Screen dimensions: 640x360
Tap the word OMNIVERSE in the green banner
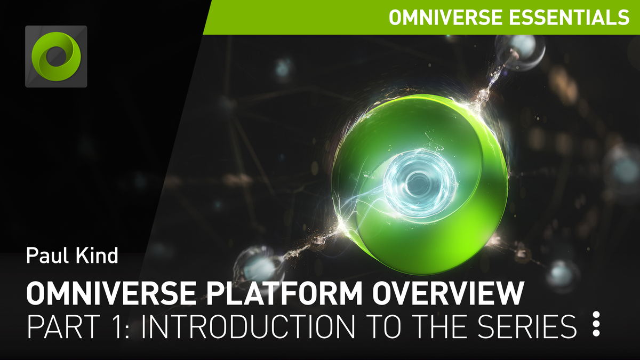pos(445,17)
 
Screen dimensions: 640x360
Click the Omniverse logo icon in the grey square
pos(56,57)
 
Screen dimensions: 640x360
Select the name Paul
pos(47,255)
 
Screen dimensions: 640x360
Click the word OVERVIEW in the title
pos(448,293)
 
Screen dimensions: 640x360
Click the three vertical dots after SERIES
pos(596,324)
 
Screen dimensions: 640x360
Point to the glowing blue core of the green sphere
pos(419,181)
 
